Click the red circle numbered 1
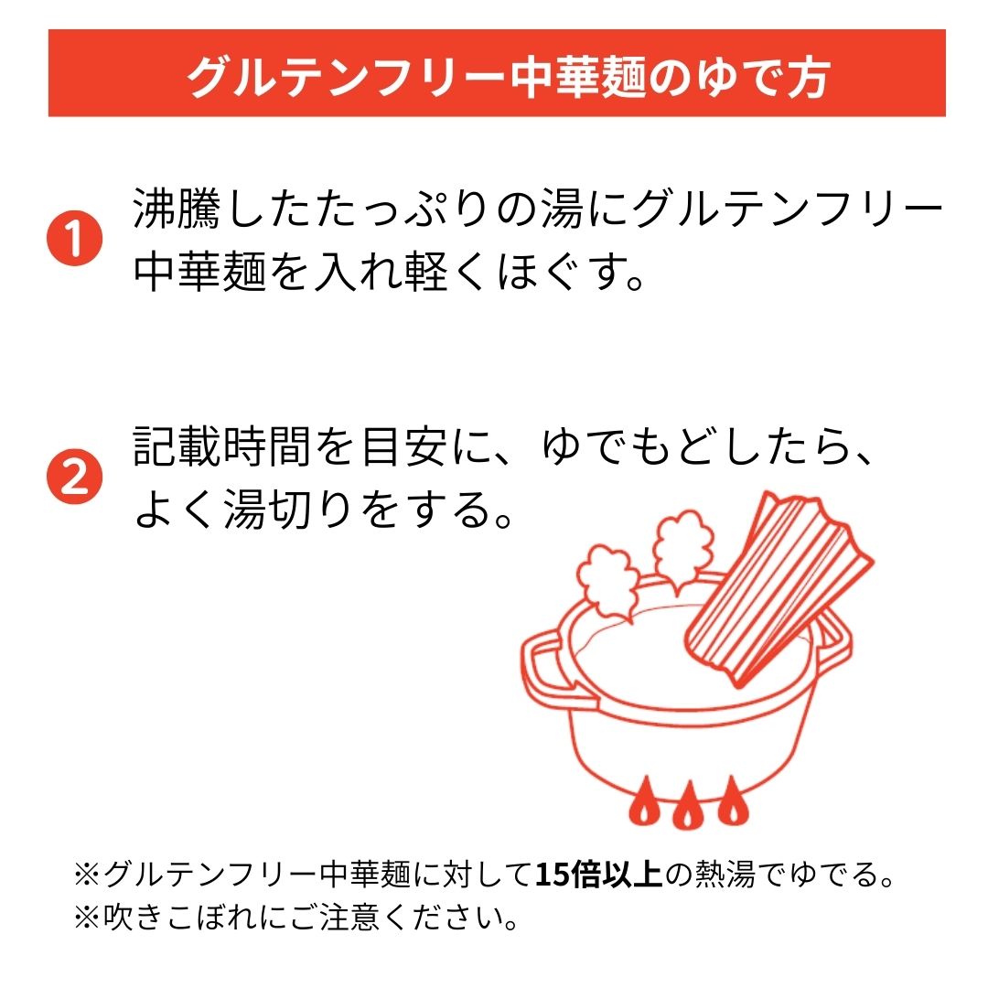(75, 239)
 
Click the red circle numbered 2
(75, 477)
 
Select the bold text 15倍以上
(599, 875)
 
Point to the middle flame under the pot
(686, 804)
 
